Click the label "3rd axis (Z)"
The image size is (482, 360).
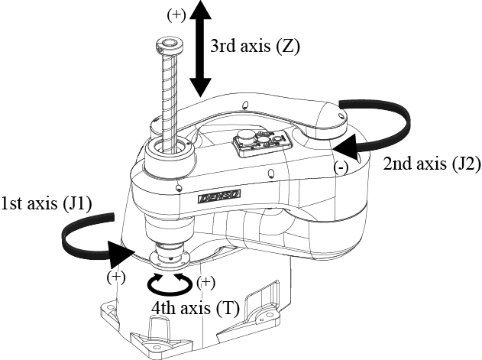click(x=256, y=46)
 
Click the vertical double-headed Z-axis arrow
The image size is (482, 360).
click(x=200, y=47)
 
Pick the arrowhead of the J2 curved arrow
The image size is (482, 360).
click(x=349, y=145)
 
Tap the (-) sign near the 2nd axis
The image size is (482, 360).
click(x=336, y=167)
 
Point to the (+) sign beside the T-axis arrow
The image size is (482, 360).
click(x=205, y=283)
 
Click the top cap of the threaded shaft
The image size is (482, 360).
click(x=167, y=44)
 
